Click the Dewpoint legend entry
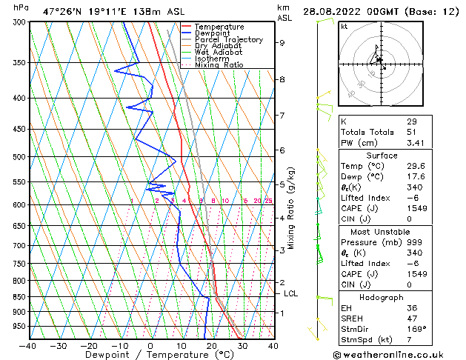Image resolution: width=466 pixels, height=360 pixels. [212, 33]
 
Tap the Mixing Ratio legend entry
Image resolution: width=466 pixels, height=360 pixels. [219, 65]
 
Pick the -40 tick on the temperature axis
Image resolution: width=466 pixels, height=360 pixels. [28, 345]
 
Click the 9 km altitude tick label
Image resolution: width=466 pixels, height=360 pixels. [282, 43]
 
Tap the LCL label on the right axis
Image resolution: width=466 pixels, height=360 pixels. [291, 294]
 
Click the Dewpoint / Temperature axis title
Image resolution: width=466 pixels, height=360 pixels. [150, 356]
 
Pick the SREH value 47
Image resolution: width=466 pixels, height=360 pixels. [412, 319]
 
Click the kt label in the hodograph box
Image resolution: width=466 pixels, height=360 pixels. [344, 27]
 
